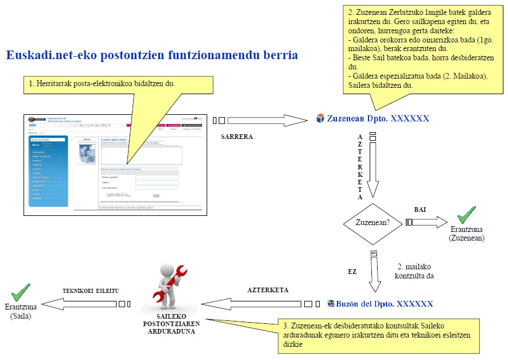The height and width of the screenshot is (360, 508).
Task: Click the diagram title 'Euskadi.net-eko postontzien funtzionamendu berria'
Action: pyautogui.click(x=152, y=56)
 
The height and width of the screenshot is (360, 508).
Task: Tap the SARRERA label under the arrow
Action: pyautogui.click(x=237, y=137)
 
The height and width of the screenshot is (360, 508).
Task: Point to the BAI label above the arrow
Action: pyautogui.click(x=420, y=210)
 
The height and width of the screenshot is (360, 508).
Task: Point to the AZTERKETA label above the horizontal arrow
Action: pyautogui.click(x=267, y=290)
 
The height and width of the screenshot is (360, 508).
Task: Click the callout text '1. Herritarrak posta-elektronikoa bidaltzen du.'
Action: pyautogui.click(x=102, y=84)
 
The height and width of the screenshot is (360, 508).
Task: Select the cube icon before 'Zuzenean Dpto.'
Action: pyautogui.click(x=321, y=118)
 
